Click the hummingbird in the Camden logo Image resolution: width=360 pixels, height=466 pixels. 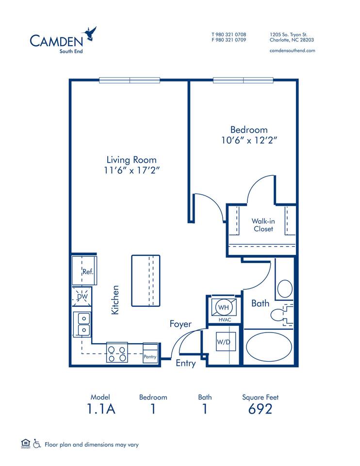pos(90,34)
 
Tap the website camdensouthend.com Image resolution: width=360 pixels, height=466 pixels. pos(292,50)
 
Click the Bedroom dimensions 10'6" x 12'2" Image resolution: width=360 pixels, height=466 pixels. pos(249,140)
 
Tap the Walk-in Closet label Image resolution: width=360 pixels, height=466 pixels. pos(262,225)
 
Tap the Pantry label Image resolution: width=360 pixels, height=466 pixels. pos(150,356)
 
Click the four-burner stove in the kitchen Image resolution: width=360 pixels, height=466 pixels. pos(117,353)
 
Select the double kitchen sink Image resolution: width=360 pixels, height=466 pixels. pos(83,324)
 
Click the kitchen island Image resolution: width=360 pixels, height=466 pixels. pos(146,281)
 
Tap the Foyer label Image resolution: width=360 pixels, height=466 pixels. pos(180,324)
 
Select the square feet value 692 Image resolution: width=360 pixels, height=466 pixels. pos(260,409)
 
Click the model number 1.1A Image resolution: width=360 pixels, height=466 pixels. pos(101,409)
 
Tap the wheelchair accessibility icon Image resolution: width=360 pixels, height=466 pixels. pos(36,444)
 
